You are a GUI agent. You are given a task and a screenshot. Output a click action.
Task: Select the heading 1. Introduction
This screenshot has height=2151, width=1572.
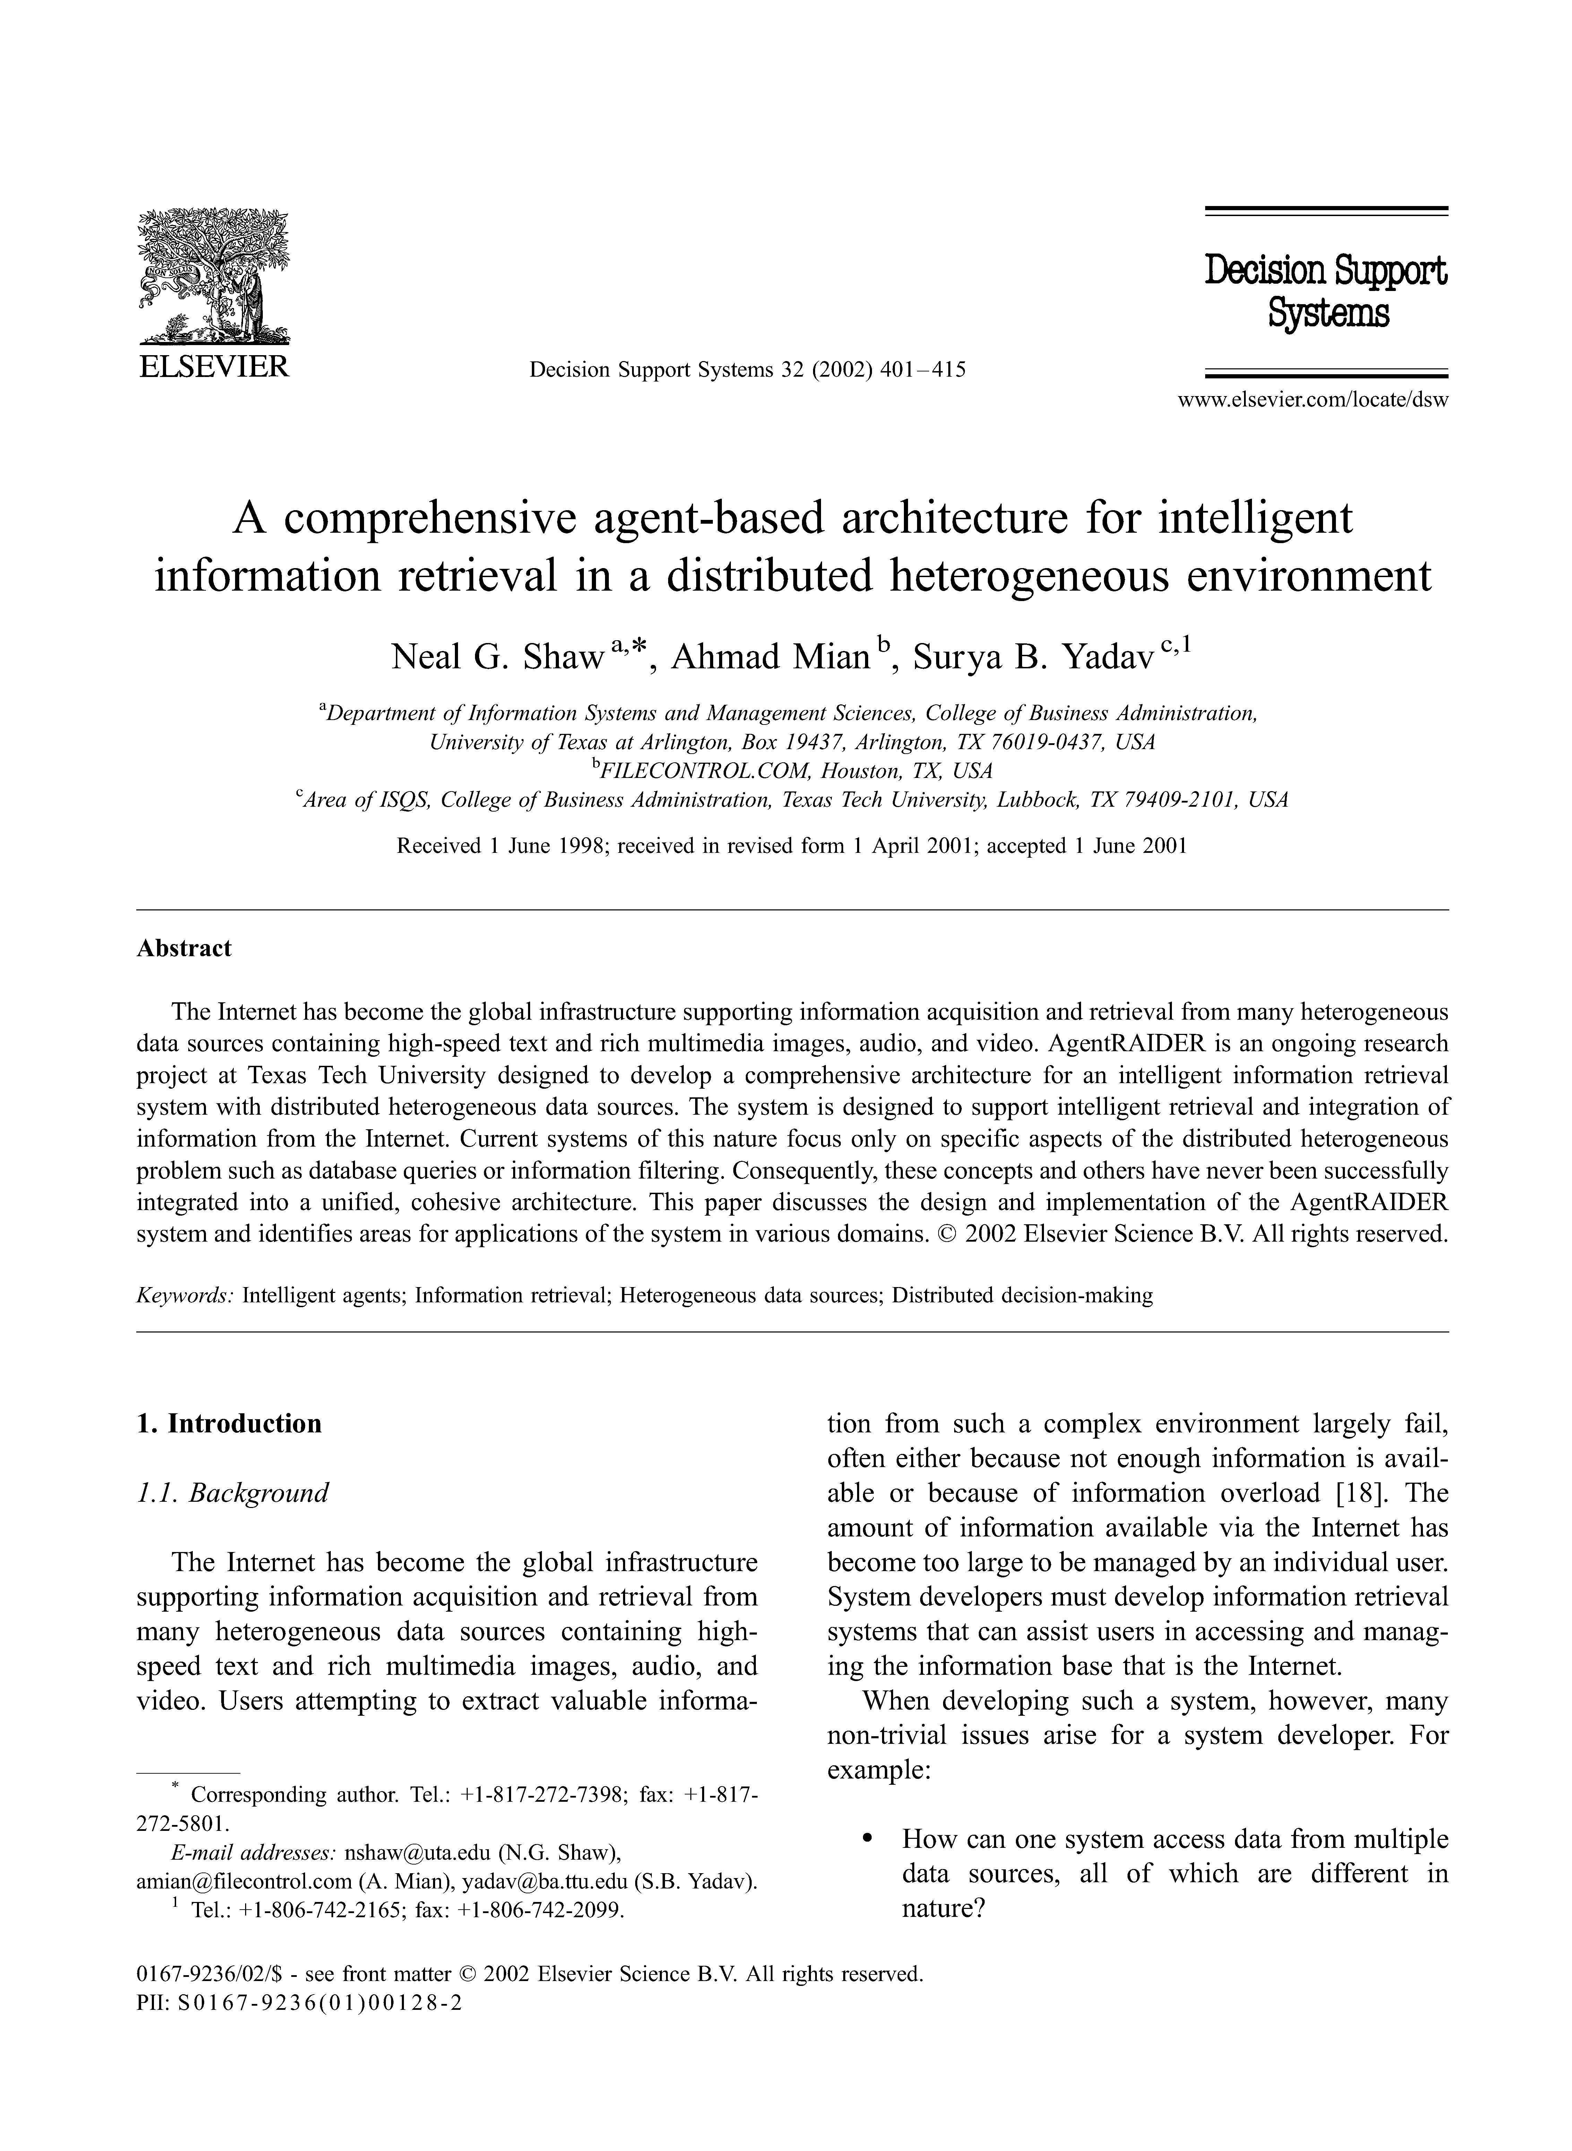pyautogui.click(x=229, y=1424)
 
